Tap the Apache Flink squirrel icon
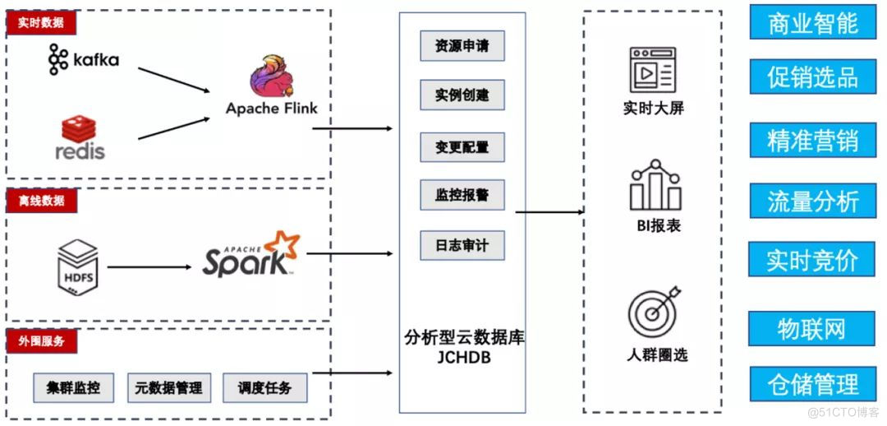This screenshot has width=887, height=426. click(x=271, y=77)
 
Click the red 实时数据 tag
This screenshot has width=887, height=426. click(x=41, y=23)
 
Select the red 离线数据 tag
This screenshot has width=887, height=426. click(x=41, y=201)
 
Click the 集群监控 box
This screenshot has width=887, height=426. click(x=73, y=387)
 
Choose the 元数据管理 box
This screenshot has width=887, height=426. click(x=168, y=387)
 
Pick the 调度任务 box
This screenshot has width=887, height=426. click(x=264, y=387)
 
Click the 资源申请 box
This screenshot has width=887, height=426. click(x=462, y=46)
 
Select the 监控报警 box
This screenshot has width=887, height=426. click(x=462, y=196)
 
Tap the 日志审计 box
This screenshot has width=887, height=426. click(x=462, y=246)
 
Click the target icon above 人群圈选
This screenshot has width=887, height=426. click(x=655, y=312)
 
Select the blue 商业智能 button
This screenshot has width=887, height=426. click(x=813, y=23)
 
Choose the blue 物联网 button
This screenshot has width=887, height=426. click(x=811, y=329)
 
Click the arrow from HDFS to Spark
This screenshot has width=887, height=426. click(x=148, y=267)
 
